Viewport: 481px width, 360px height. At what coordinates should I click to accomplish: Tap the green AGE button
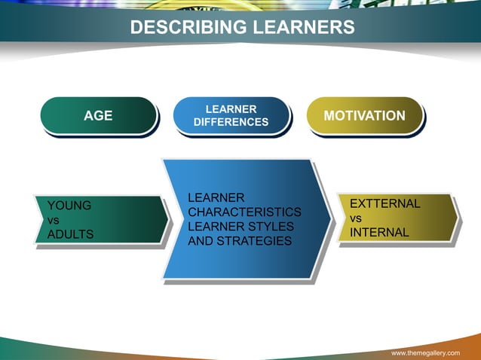[98, 115]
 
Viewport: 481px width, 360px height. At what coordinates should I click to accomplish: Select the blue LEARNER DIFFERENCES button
[231, 115]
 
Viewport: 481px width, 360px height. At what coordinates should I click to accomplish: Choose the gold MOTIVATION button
[364, 115]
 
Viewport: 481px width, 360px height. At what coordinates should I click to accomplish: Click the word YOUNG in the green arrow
[69, 204]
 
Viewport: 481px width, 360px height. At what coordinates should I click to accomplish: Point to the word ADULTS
[70, 234]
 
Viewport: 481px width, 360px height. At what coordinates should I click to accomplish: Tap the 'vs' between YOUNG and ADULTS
[54, 220]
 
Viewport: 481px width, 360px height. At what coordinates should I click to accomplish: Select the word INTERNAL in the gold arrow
[379, 233]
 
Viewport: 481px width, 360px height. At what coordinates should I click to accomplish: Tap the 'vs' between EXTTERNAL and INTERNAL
[356, 218]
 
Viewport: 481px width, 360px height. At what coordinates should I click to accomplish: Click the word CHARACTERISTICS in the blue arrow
[244, 212]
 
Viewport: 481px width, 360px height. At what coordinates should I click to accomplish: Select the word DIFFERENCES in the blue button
[231, 122]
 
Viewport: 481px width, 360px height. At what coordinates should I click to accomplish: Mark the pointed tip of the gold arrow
[458, 218]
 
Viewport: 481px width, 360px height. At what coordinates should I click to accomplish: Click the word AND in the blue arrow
[200, 241]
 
